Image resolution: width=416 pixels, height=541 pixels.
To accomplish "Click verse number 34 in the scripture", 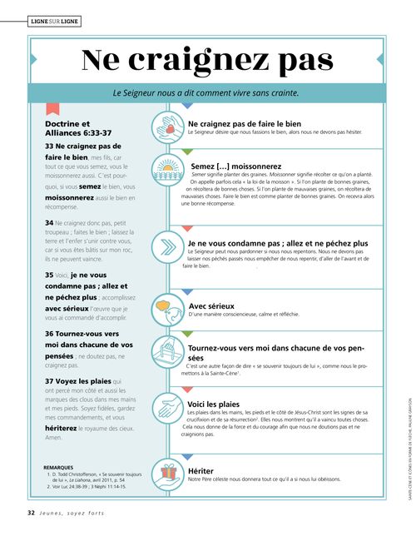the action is pyautogui.click(x=49, y=223).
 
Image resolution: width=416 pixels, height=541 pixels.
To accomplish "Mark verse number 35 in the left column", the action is pyautogui.click(x=49, y=274).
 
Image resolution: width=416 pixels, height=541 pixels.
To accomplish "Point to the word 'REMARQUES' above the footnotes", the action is pyautogui.click(x=58, y=467).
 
